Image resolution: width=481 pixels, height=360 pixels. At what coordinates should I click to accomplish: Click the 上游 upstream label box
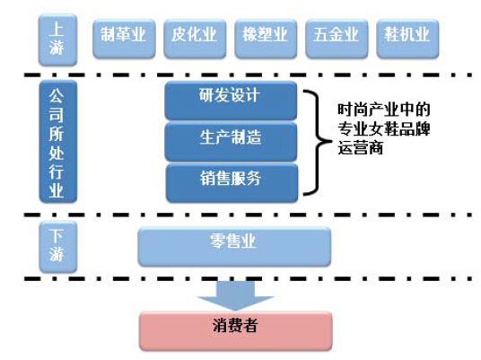click(57, 40)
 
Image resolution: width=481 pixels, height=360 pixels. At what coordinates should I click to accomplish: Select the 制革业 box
click(124, 39)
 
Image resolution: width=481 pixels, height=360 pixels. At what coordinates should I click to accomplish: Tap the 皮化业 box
click(195, 39)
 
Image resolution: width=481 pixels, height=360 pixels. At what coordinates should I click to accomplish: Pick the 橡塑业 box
click(266, 39)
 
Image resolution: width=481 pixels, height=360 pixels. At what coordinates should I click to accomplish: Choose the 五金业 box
click(337, 39)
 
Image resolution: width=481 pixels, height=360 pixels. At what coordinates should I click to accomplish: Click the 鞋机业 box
click(407, 39)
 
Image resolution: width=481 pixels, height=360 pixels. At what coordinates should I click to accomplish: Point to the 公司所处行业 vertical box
click(58, 142)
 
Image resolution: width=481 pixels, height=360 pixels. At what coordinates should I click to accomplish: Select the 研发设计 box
click(231, 101)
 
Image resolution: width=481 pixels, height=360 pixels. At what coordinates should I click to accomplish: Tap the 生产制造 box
click(231, 142)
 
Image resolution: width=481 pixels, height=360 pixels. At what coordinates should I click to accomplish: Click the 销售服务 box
click(232, 183)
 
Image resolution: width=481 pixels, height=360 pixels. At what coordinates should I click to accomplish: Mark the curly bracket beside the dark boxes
click(317, 142)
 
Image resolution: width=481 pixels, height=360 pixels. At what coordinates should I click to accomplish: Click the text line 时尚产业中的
click(384, 110)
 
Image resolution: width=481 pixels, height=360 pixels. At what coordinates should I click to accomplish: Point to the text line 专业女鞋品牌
click(384, 129)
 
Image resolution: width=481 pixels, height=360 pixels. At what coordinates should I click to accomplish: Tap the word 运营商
click(361, 148)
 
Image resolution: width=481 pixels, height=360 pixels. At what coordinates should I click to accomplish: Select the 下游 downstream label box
click(58, 247)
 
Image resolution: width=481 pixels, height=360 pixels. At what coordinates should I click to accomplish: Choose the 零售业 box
click(234, 247)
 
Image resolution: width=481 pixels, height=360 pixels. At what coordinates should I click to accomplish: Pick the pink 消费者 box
click(236, 331)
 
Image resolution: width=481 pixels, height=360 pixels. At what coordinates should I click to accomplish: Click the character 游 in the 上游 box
click(57, 48)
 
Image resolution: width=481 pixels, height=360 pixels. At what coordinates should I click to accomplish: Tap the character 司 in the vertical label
click(57, 115)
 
